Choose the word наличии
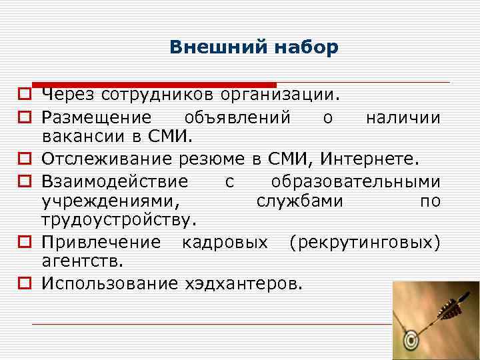403,118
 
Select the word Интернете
369,159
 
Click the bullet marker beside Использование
23,283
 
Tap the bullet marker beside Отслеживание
23,160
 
